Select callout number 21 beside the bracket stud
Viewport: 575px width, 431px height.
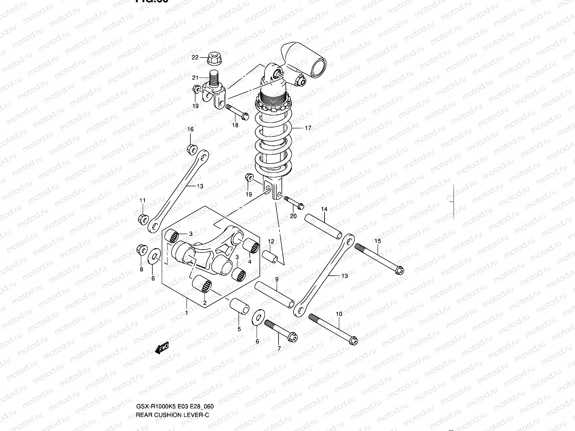point(195,78)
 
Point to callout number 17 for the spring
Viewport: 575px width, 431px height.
point(308,128)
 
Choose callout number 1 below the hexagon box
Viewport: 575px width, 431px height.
point(187,313)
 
